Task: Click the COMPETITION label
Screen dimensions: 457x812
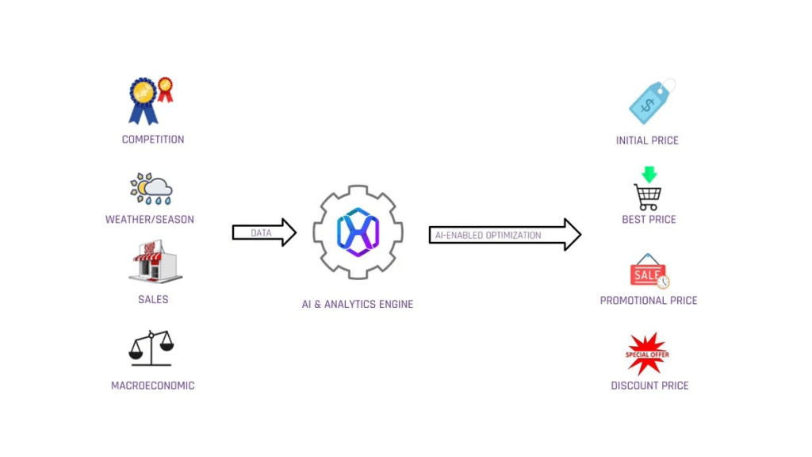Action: [x=153, y=140]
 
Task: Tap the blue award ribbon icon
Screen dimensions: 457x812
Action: [x=144, y=100]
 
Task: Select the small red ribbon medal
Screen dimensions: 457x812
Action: [x=165, y=89]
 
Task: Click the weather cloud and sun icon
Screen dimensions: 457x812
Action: [x=151, y=189]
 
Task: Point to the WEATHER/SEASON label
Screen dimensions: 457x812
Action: [x=150, y=220]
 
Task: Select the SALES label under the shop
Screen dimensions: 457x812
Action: [x=153, y=300]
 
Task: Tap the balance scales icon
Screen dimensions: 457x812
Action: [x=151, y=348]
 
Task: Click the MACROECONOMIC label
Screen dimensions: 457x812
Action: [x=153, y=386]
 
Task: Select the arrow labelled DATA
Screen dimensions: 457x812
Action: [x=264, y=232]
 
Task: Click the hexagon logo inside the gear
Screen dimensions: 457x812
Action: [x=358, y=232]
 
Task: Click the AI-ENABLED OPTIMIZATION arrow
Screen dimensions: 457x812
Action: [x=504, y=235]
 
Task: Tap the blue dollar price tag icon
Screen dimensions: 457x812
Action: [x=651, y=102]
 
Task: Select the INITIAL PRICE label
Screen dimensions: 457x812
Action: [x=647, y=140]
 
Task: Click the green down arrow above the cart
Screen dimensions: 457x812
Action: [x=649, y=174]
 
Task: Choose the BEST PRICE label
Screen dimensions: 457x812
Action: [x=649, y=220]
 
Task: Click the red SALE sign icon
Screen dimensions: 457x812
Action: [x=649, y=273]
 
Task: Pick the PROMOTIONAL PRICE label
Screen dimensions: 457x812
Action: [x=649, y=301]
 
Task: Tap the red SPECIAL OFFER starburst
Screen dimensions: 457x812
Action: [x=647, y=354]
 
